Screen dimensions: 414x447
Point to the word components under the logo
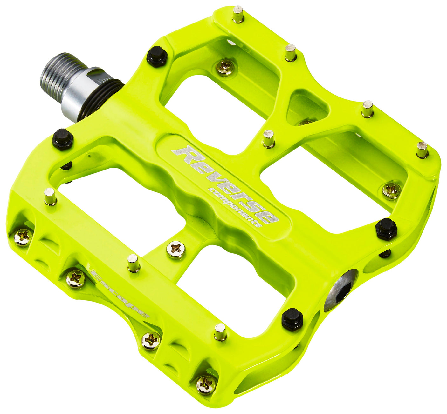(235, 207)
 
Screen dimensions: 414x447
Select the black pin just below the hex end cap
(292, 319)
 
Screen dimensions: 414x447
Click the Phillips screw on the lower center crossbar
(176, 249)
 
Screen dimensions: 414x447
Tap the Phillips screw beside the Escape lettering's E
(75, 278)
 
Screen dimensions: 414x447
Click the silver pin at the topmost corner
(238, 14)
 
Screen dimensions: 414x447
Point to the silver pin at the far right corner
(422, 150)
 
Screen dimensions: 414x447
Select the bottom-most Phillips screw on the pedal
(206, 384)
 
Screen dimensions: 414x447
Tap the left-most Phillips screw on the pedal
(23, 237)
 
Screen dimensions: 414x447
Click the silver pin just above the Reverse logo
(269, 139)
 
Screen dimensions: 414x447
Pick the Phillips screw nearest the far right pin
(391, 191)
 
